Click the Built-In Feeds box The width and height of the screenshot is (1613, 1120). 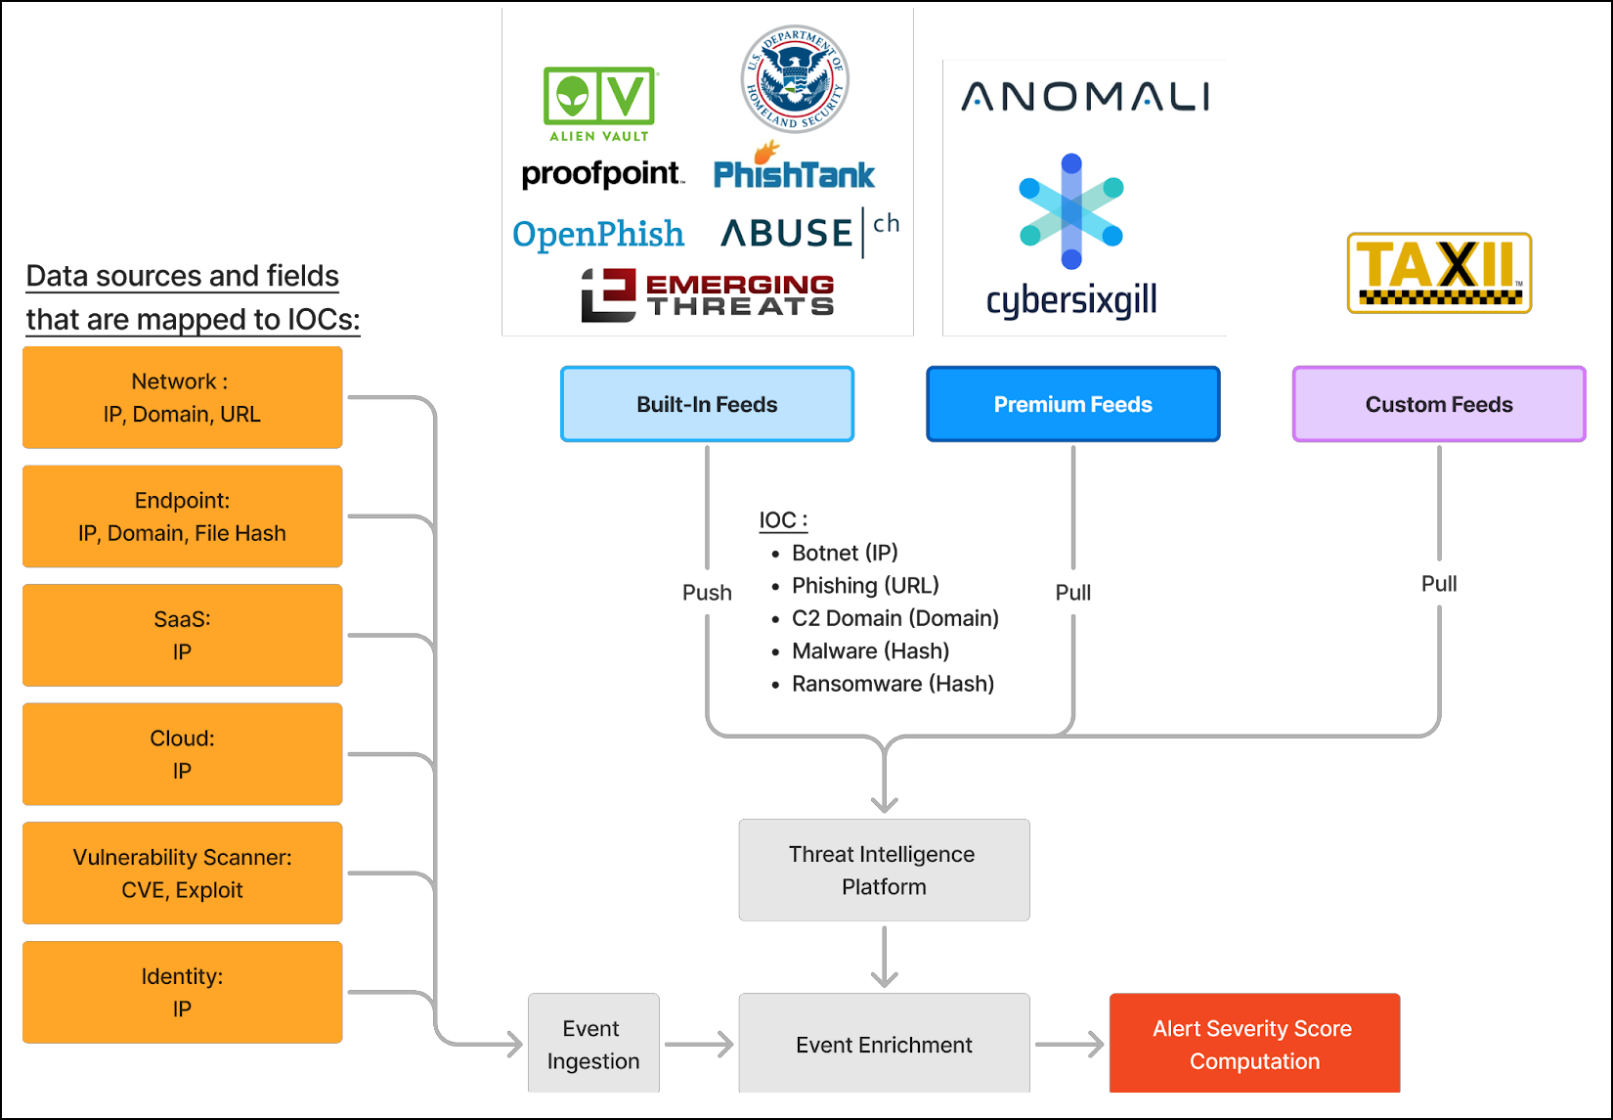707,404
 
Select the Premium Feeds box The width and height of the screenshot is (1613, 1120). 1072,404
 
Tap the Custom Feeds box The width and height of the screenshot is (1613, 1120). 1438,404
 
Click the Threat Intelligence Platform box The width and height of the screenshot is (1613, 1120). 884,870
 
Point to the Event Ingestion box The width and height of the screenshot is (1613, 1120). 593,1044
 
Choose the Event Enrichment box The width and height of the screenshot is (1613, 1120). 884,1044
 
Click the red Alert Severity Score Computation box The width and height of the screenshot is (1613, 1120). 1254,1044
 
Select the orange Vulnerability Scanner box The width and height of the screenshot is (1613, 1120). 183,873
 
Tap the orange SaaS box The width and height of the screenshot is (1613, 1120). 183,635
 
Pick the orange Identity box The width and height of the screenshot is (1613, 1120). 183,992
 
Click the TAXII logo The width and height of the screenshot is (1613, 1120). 1439,273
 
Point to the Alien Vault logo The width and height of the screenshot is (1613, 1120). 599,104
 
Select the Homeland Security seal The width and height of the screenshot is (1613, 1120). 794,79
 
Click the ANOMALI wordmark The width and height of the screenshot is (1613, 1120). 1085,97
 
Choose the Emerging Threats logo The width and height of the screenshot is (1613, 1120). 708,295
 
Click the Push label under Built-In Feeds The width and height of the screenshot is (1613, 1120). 707,593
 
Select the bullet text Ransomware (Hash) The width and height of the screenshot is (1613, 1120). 893,684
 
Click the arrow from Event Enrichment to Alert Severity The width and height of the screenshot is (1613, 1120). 1069,1045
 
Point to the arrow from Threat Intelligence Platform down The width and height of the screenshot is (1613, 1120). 885,957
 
